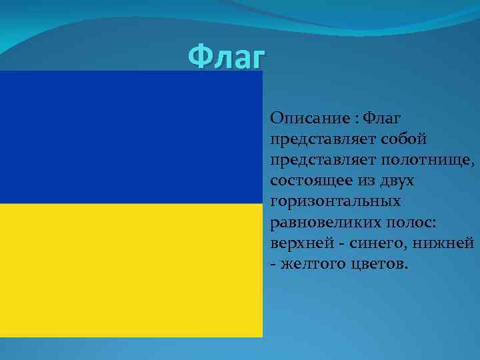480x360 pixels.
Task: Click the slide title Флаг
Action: [226, 58]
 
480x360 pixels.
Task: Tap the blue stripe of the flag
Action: [131, 137]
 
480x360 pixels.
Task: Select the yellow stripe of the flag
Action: [131, 270]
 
